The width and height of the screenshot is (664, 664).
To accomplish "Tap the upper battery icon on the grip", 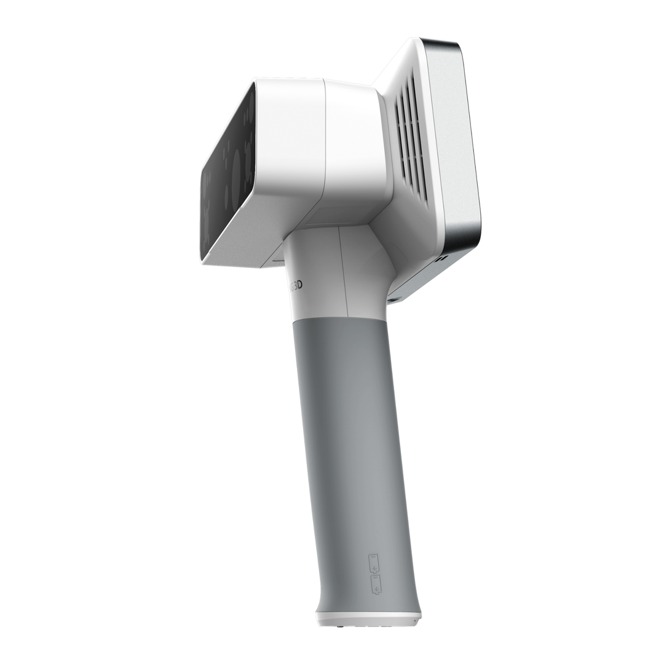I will (x=373, y=563).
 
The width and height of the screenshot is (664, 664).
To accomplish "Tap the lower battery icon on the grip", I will (x=375, y=585).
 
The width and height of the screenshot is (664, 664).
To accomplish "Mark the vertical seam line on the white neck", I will (x=343, y=271).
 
